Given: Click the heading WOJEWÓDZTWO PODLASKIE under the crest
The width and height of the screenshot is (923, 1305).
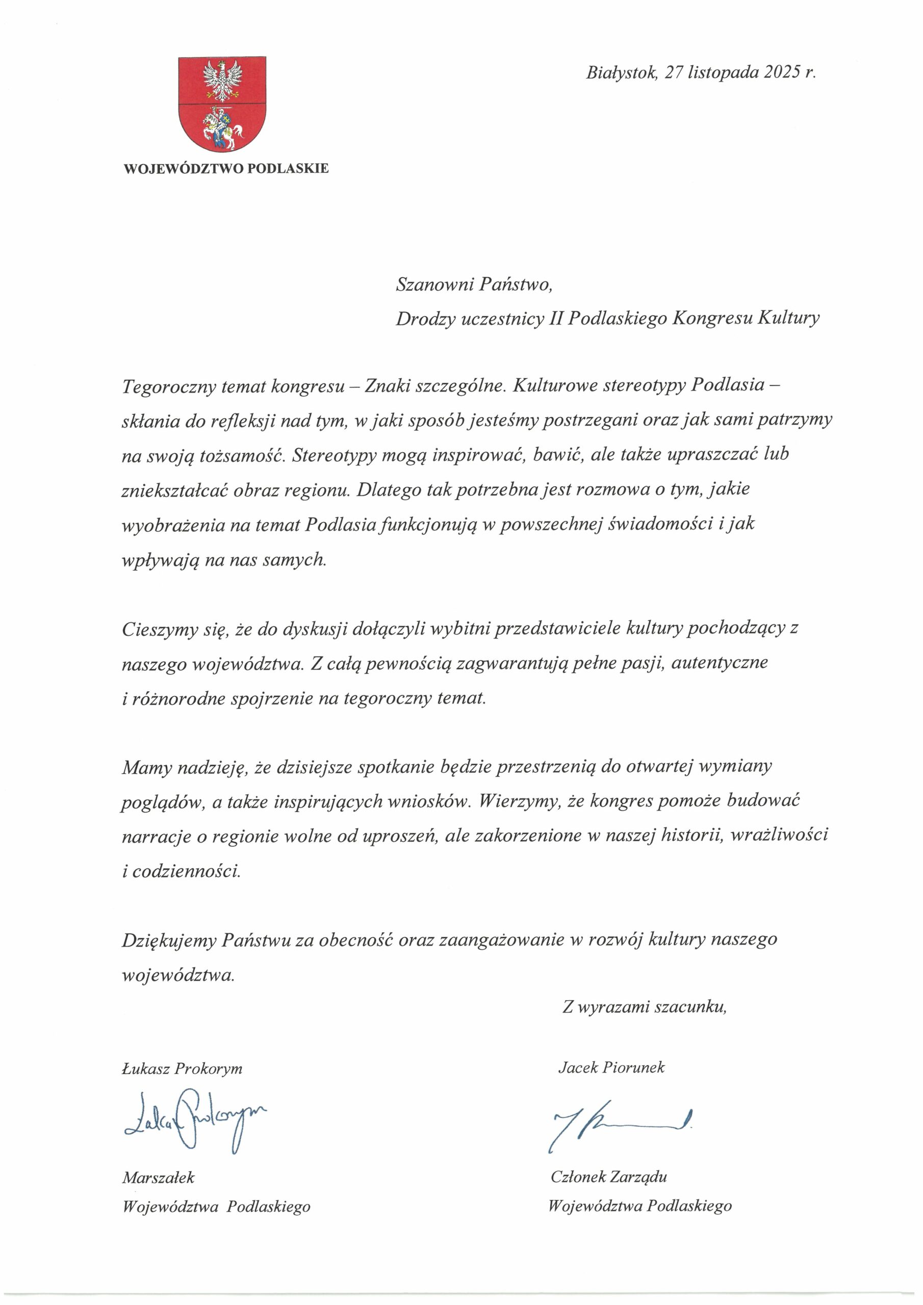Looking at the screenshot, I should pyautogui.click(x=226, y=169).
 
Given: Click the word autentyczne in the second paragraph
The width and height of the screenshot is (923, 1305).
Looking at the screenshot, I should pyautogui.click(x=720, y=663).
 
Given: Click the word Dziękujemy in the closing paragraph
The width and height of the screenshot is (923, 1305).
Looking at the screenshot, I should pyautogui.click(x=168, y=940).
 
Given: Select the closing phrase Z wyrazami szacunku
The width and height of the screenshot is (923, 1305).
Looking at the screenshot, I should pyautogui.click(x=645, y=1007).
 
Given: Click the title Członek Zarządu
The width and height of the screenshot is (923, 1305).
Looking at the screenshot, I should pyautogui.click(x=608, y=1177).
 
